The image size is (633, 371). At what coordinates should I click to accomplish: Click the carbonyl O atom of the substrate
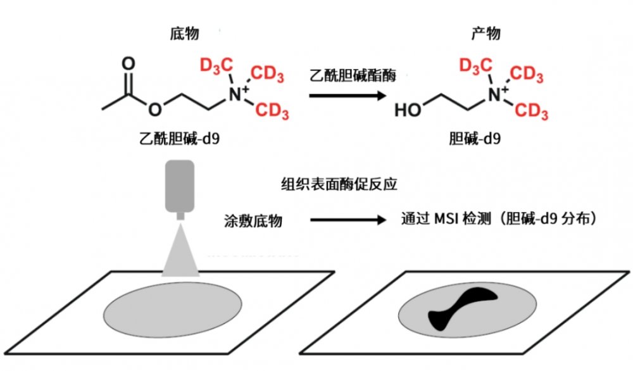128,63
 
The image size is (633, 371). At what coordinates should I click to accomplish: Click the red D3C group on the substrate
214,65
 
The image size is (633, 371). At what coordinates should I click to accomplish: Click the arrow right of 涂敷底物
348,220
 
